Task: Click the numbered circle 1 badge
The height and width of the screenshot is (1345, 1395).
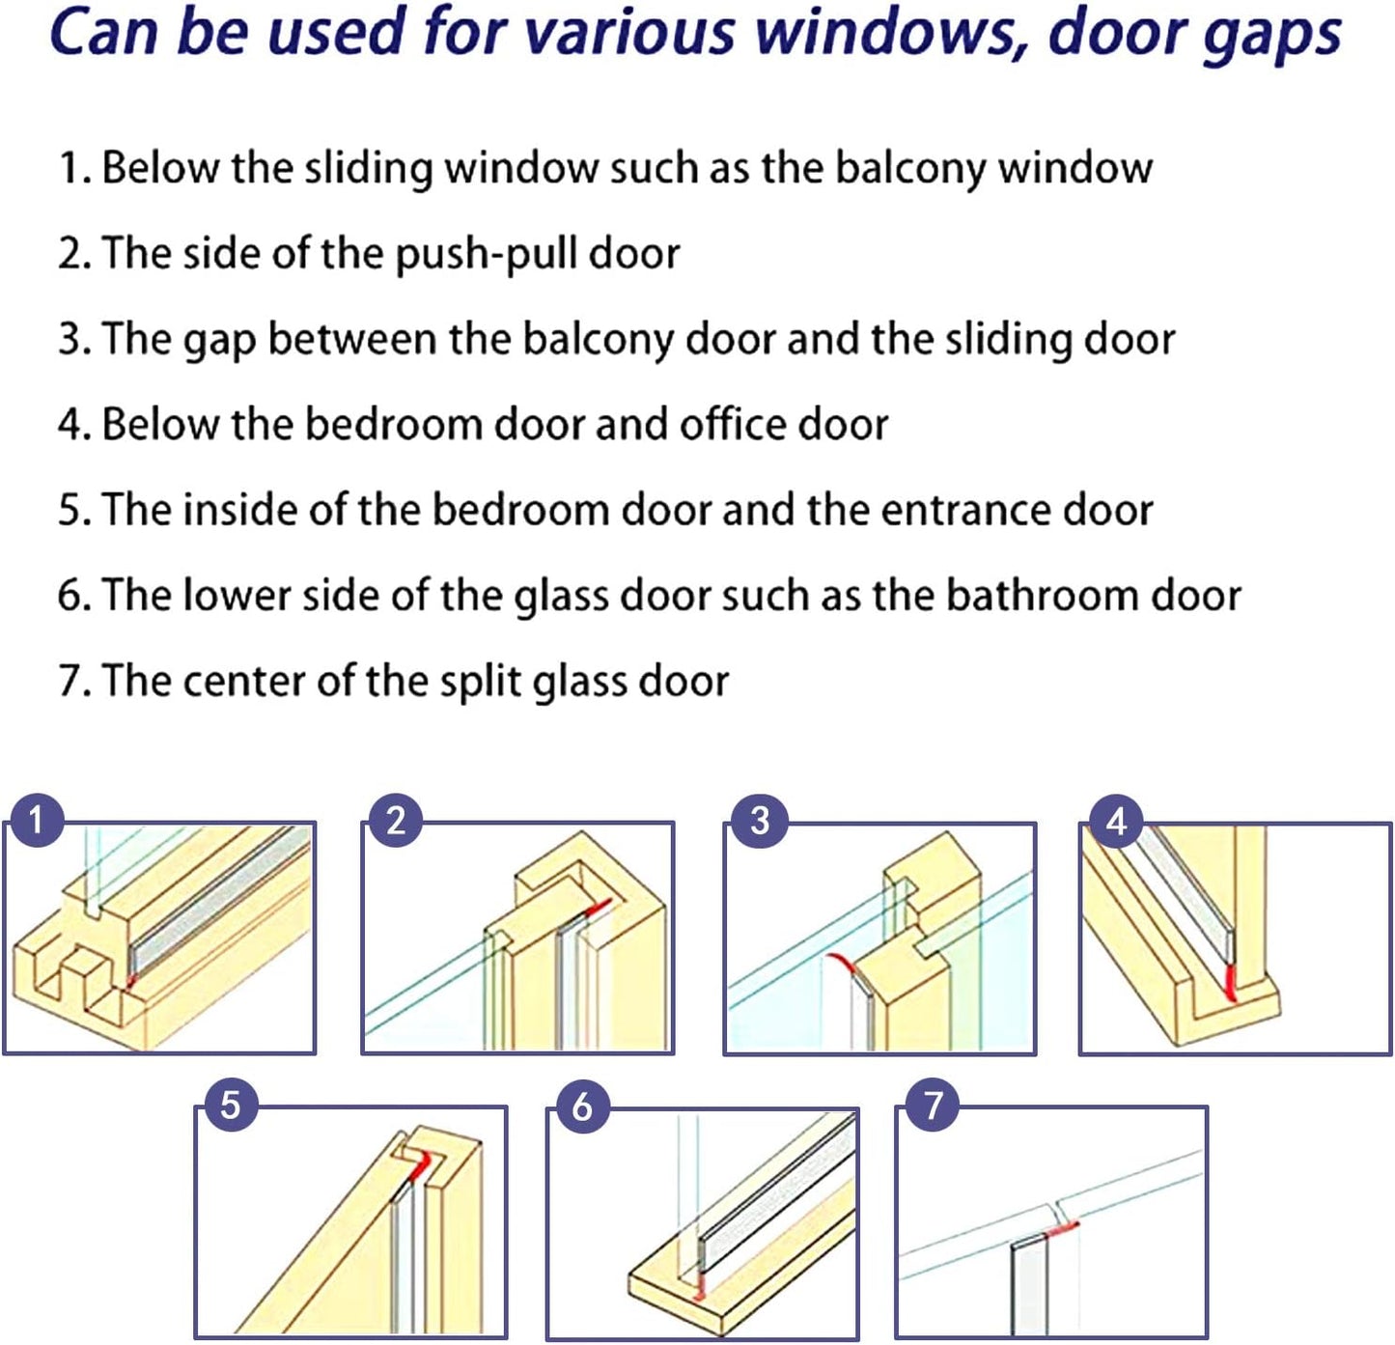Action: [36, 822]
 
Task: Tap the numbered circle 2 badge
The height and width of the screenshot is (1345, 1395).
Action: [396, 822]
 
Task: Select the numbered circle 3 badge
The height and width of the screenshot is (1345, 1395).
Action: [760, 822]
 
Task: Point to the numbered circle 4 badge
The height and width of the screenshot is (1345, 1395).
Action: [1116, 822]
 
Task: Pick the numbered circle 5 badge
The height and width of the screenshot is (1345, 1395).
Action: [230, 1104]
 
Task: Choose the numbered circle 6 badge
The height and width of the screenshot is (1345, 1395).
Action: [582, 1106]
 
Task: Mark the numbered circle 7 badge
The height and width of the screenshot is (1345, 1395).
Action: [933, 1104]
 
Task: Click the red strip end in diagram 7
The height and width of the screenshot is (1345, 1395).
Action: [1062, 1228]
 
